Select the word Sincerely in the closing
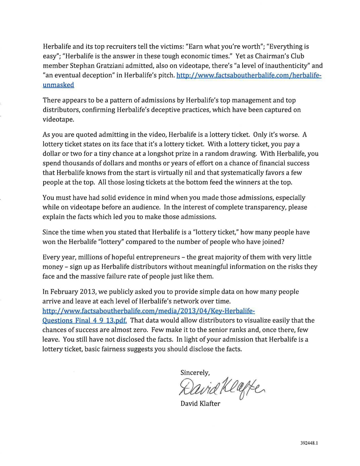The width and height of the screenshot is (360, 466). point(195,373)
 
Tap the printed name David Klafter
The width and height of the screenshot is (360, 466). point(200,404)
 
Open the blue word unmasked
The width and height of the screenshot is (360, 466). point(58,85)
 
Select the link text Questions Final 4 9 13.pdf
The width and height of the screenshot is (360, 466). point(85,321)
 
